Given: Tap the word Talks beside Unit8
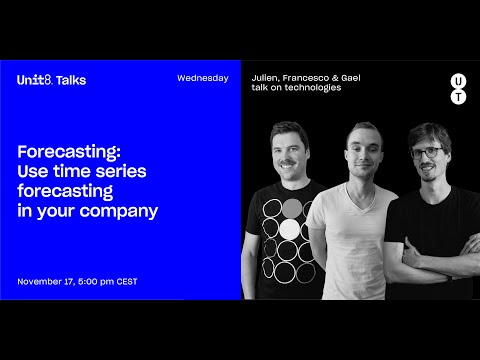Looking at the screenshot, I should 70,80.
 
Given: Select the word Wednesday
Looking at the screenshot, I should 202,78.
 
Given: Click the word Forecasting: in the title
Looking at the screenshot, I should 69,151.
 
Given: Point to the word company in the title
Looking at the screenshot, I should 126,211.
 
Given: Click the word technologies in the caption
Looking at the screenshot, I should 312,88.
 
